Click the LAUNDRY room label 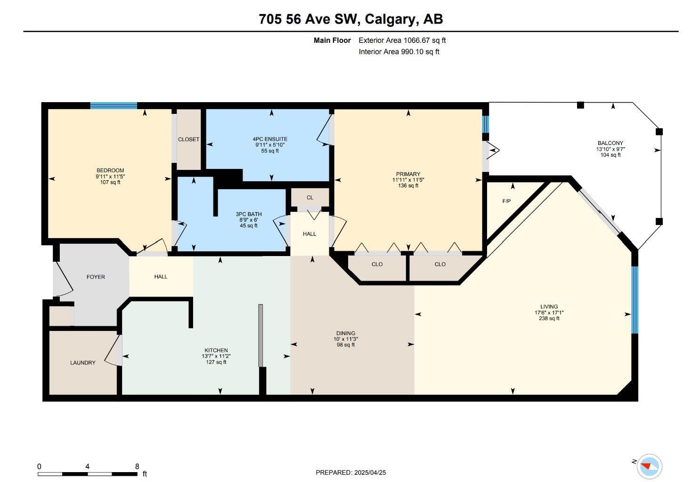coord(82,362)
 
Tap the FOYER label coord(96,277)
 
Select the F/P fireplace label coord(506,201)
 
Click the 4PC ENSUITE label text coord(270,139)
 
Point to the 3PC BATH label coord(249,214)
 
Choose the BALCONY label coord(610,143)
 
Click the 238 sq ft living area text coord(549,318)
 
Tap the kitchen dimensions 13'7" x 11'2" coord(216,356)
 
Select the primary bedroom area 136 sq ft coord(408,185)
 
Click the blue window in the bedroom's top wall coord(114,105)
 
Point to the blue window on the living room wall coord(635,300)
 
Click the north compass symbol coord(650,467)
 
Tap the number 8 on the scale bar coord(137,467)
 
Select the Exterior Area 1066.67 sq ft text coord(402,40)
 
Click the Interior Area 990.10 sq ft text coord(399,51)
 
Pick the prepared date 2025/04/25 coord(370,473)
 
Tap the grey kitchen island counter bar coord(260,335)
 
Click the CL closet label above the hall coord(309,198)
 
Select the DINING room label coord(346,333)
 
